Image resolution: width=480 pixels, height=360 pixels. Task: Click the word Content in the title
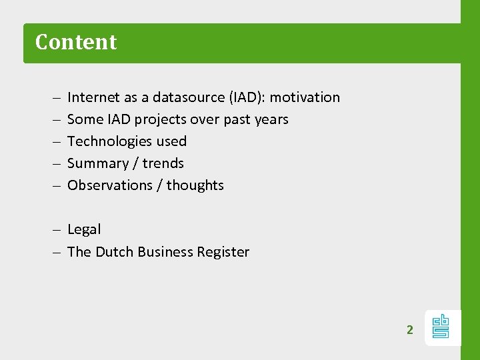[76, 42]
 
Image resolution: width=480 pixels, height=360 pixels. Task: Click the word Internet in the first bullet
[93, 97]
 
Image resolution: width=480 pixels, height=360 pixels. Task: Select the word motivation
[305, 97]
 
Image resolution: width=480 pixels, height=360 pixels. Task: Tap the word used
[171, 141]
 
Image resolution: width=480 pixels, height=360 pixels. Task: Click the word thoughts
[195, 185]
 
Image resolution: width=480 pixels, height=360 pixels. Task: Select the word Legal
[84, 229]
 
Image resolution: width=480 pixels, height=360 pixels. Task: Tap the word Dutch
[115, 252]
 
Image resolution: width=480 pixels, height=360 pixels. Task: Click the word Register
[223, 252]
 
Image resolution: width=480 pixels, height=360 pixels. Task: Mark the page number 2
[410, 329]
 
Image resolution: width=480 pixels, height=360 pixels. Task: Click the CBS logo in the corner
[441, 327]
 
